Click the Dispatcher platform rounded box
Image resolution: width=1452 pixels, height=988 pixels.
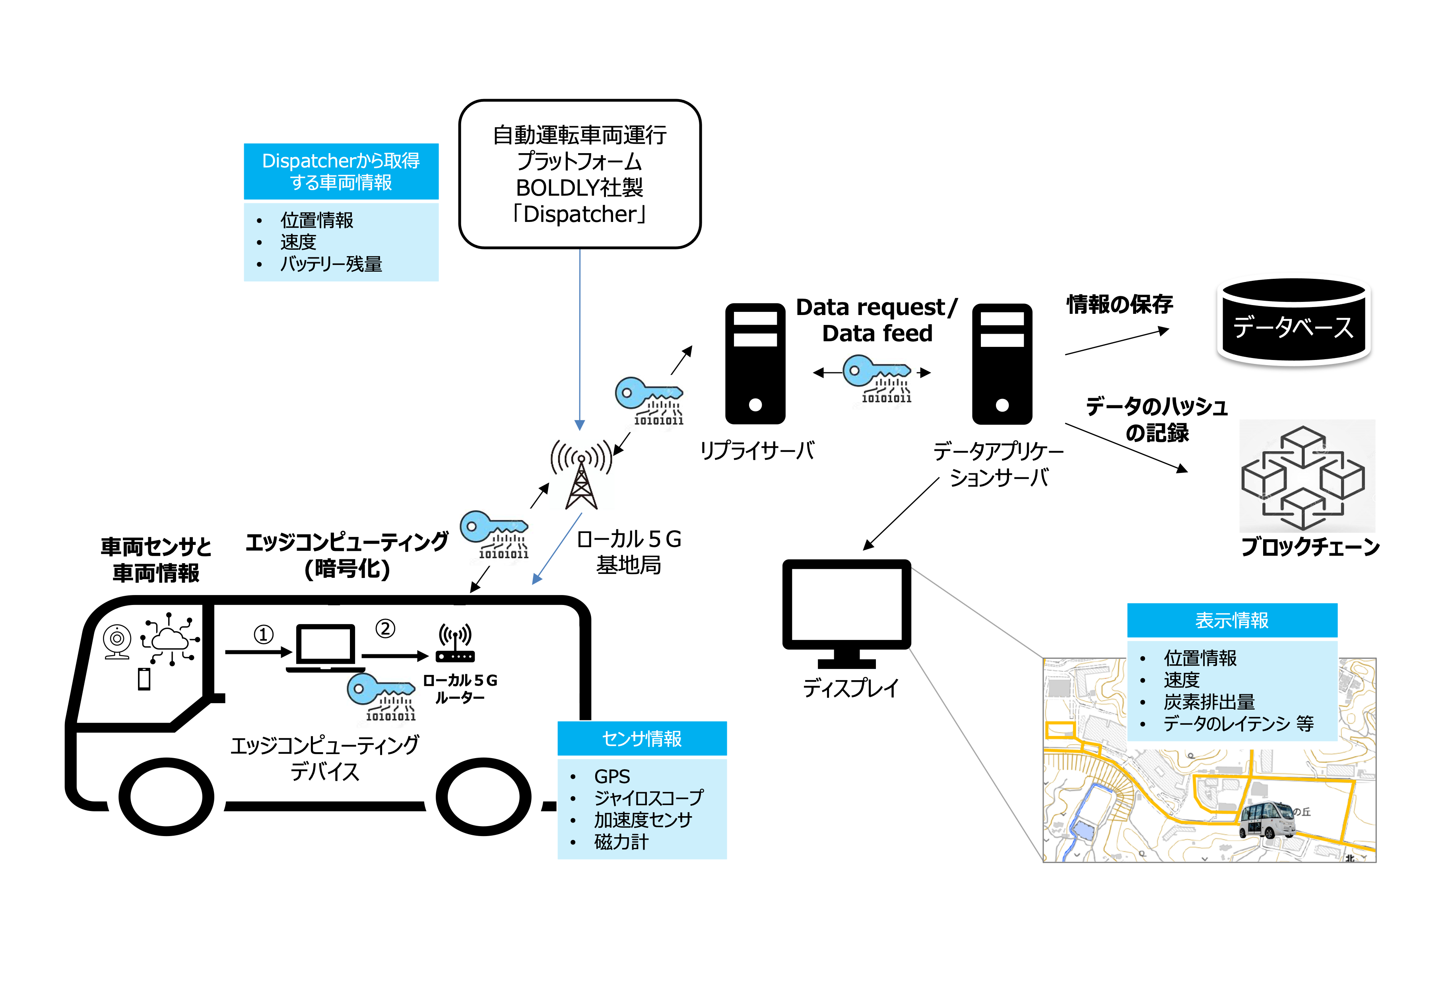pos(579,174)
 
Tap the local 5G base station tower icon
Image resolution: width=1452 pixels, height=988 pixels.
pos(580,475)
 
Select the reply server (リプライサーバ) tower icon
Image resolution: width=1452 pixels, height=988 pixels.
pos(755,364)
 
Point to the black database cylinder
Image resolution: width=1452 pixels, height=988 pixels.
pos(1293,322)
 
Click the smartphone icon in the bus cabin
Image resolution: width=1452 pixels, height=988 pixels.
pos(144,679)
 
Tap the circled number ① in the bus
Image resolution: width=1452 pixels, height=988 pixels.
pos(263,635)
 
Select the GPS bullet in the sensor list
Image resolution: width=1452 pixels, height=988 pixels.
pos(611,776)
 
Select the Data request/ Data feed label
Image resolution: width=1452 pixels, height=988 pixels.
pos(877,320)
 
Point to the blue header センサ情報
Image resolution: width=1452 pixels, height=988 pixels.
pos(642,739)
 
